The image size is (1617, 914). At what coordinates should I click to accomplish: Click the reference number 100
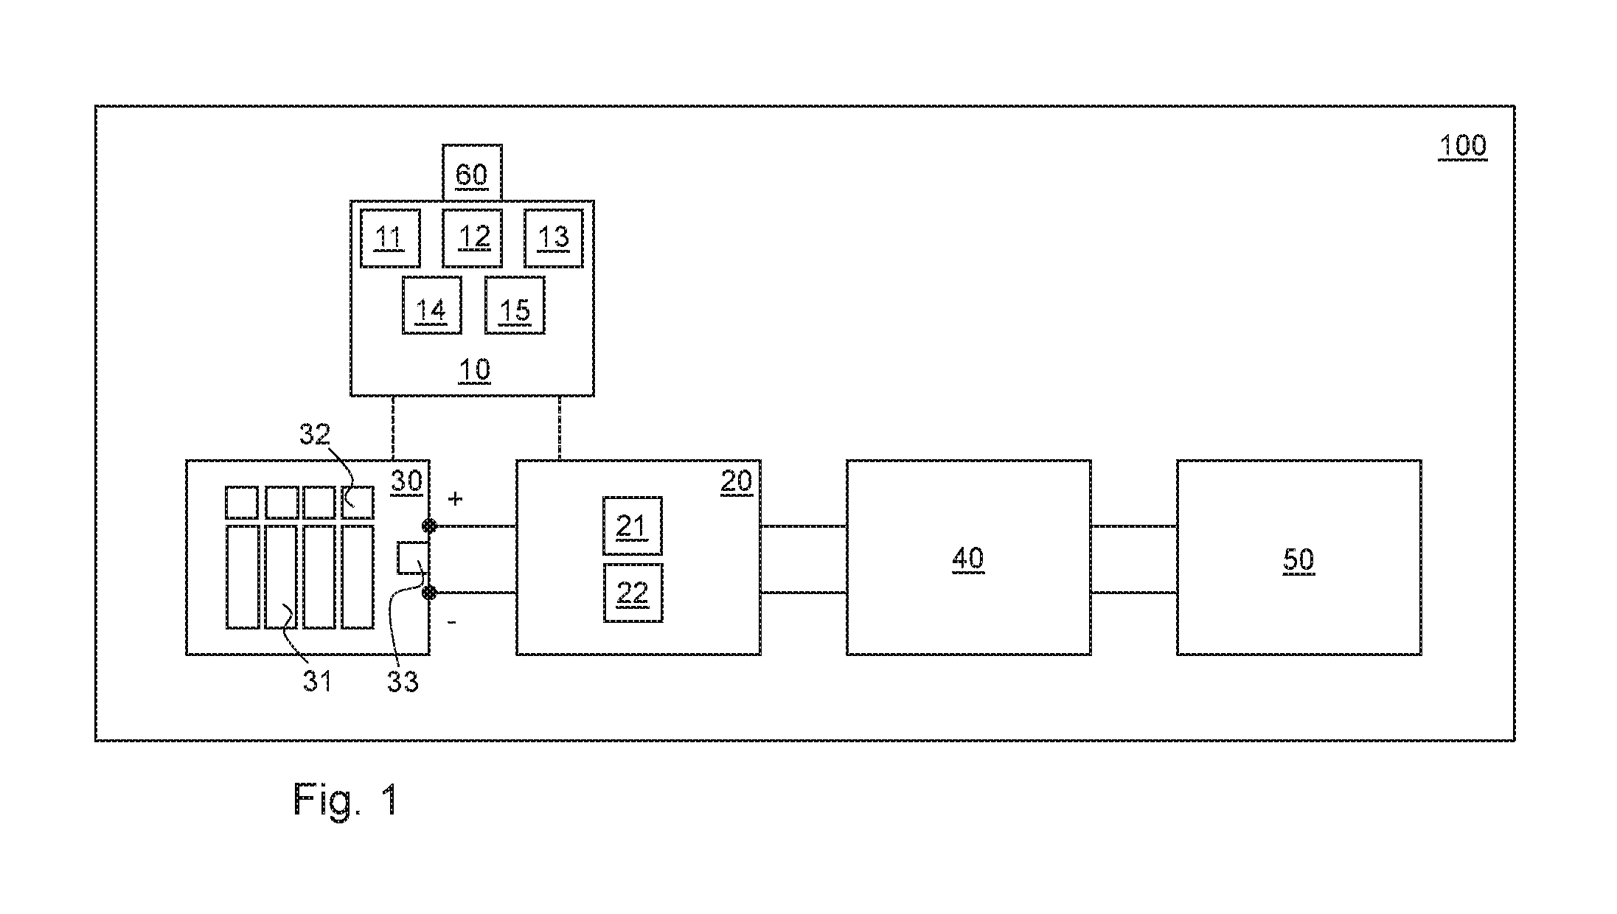1463,146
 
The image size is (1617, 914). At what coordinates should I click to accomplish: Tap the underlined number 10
474,370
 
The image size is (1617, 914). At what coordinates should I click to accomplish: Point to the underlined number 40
968,559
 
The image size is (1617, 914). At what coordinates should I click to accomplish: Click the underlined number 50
1298,560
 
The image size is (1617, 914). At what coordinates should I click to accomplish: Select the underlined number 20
736,482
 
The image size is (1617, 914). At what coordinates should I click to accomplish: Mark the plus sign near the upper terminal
456,499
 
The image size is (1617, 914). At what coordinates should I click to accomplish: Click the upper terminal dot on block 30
428,526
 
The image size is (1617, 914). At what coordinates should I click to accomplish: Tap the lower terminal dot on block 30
428,593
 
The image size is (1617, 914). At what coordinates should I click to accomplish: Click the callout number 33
403,682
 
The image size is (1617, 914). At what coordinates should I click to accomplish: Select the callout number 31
317,682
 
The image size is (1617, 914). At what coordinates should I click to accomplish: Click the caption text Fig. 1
347,799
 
